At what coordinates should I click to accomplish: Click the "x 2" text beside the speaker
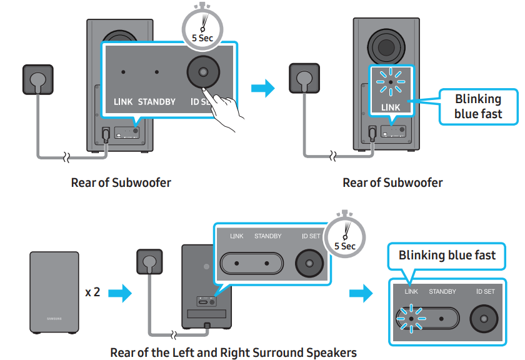92,292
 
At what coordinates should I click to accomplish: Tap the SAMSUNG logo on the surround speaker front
54,319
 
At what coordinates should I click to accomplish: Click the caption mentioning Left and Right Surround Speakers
233,352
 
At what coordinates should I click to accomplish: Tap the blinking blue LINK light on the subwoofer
391,82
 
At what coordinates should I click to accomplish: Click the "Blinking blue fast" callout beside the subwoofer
478,106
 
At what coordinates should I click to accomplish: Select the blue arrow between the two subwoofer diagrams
262,88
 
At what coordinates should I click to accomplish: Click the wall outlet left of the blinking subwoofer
304,79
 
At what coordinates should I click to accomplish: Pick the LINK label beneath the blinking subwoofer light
391,107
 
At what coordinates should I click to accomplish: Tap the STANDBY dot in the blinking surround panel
442,317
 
